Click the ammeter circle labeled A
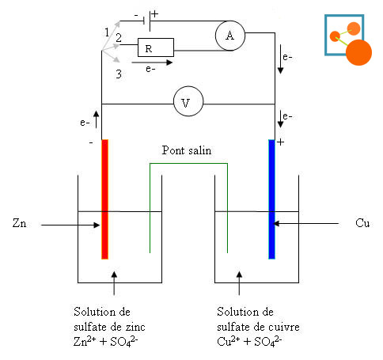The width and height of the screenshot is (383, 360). (230, 36)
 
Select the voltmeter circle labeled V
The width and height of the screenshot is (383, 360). (188, 101)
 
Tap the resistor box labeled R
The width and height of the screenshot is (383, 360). (156, 47)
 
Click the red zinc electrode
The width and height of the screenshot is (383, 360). (104, 199)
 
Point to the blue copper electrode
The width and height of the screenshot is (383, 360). (271, 199)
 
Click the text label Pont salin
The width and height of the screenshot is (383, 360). (187, 150)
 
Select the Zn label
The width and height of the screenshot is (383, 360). (19, 223)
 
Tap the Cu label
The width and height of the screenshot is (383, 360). (362, 223)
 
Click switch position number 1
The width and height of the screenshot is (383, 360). (107, 32)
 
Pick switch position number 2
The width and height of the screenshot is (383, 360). (119, 38)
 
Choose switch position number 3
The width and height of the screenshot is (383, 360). (119, 74)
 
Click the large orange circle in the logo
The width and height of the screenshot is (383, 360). (358, 52)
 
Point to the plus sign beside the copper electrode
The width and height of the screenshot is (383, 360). (280, 142)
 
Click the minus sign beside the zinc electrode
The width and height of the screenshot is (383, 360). (91, 142)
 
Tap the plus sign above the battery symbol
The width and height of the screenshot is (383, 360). (155, 14)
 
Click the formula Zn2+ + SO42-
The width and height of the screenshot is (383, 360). (106, 342)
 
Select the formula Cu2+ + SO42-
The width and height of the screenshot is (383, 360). (249, 342)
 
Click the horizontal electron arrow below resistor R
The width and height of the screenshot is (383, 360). (152, 63)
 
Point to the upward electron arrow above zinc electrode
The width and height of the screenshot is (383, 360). (97, 119)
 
